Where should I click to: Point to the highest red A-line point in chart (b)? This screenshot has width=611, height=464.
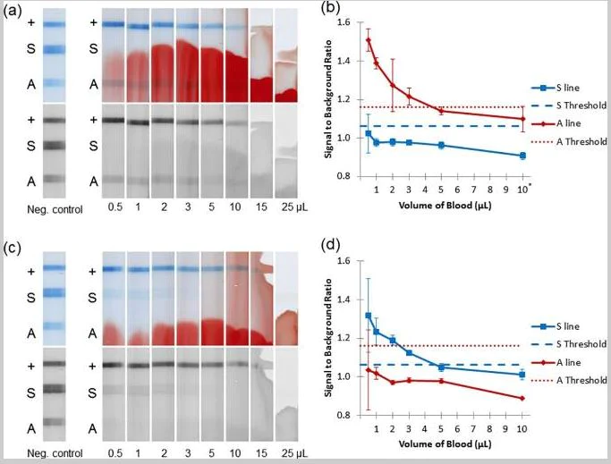point(369,39)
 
